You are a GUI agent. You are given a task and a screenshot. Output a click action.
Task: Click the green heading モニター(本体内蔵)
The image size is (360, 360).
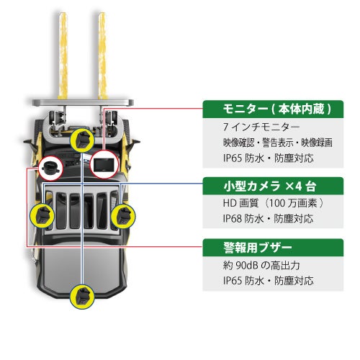(277, 109)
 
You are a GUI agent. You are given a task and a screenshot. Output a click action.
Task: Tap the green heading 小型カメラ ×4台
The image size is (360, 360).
(270, 186)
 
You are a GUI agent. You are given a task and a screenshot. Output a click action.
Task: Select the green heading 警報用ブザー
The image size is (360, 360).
(258, 248)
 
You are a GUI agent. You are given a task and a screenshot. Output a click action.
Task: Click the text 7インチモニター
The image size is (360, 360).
(261, 127)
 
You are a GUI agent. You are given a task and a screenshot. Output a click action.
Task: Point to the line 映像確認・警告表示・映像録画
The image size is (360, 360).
(278, 143)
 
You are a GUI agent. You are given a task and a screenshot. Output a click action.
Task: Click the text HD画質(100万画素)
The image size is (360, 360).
(273, 203)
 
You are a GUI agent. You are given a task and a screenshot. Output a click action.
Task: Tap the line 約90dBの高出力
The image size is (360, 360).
(261, 265)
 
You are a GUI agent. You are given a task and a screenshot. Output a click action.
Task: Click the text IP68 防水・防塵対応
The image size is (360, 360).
(268, 219)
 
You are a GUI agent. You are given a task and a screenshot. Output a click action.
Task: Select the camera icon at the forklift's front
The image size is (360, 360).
(82, 140)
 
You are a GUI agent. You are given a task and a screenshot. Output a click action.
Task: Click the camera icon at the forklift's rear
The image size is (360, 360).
(82, 297)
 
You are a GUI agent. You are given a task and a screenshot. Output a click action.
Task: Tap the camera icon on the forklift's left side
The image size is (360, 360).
(42, 215)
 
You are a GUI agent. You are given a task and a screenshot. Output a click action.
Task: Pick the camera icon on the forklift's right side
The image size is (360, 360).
(123, 215)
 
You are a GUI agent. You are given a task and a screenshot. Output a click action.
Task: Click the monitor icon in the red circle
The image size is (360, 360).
(104, 164)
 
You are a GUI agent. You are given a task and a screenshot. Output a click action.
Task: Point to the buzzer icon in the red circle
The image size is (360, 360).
(50, 168)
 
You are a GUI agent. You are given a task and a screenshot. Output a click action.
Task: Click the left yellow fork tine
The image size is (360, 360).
(63, 55)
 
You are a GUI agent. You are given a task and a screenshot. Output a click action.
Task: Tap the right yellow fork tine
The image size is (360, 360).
(102, 55)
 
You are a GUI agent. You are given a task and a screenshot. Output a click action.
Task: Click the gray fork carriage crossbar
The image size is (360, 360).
(83, 102)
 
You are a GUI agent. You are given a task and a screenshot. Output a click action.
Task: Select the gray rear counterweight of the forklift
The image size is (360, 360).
(82, 269)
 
